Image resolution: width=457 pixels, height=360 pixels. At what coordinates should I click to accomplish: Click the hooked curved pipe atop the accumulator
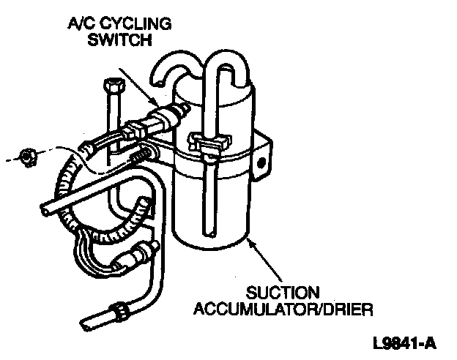(170, 70)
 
